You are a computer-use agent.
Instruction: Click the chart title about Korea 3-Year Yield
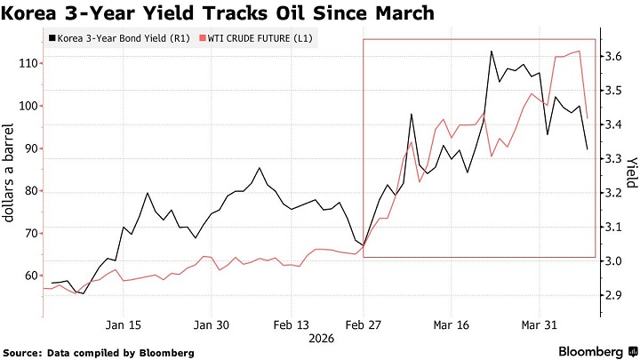217,12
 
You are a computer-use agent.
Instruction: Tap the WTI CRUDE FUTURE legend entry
256,38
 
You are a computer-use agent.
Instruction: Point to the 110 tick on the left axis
28,64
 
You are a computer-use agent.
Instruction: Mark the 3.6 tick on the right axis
613,56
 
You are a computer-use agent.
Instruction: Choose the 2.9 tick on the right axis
613,295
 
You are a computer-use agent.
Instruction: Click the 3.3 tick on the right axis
613,159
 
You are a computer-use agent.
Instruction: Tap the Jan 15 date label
124,325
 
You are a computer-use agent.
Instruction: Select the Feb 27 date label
364,325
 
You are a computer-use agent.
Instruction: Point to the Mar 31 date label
540,325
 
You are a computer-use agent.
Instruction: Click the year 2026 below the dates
321,339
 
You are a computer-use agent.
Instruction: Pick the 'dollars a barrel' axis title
8,172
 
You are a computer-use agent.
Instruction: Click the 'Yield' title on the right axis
631,172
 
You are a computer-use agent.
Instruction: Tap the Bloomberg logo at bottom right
597,351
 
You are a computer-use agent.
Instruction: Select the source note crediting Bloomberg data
99,353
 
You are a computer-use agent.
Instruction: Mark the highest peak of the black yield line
492,52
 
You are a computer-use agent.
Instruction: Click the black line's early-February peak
260,168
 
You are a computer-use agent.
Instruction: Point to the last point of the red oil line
588,118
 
